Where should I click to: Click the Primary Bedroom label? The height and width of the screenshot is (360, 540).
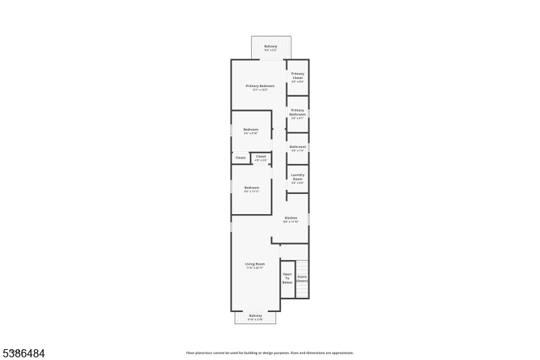tap(260, 86)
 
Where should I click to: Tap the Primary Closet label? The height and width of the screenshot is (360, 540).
tap(298, 76)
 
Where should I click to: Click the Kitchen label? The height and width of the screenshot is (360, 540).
tap(291, 217)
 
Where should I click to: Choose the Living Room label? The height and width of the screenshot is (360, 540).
tap(255, 263)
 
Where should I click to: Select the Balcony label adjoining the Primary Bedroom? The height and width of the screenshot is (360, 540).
tap(271, 46)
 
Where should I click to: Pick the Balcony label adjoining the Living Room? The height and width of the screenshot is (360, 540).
tap(255, 315)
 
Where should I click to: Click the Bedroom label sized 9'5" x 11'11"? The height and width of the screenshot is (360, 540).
tap(252, 187)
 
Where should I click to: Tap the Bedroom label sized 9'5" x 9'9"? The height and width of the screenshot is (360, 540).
tap(251, 129)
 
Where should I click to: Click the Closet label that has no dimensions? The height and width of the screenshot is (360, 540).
tap(240, 157)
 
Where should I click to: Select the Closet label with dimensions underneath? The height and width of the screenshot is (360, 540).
tap(261, 156)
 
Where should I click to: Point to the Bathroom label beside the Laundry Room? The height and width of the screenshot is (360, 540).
tap(298, 147)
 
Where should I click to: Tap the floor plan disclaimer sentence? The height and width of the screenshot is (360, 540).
tap(270, 353)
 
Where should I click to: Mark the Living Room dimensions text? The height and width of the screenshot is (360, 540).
tap(255, 268)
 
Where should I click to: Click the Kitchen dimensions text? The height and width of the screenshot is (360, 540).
tap(291, 222)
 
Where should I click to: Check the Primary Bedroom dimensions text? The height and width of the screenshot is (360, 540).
tap(260, 90)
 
